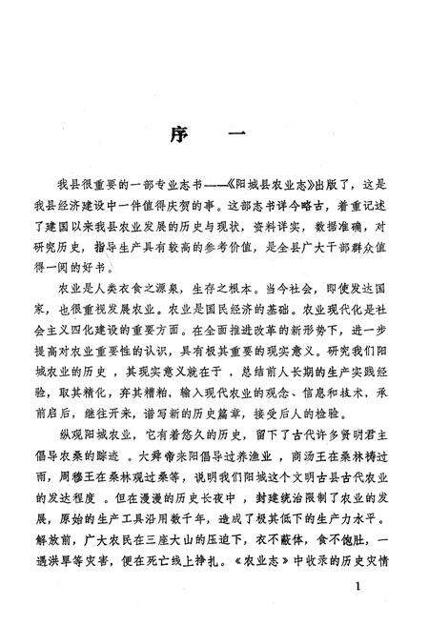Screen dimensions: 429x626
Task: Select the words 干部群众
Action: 340,248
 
